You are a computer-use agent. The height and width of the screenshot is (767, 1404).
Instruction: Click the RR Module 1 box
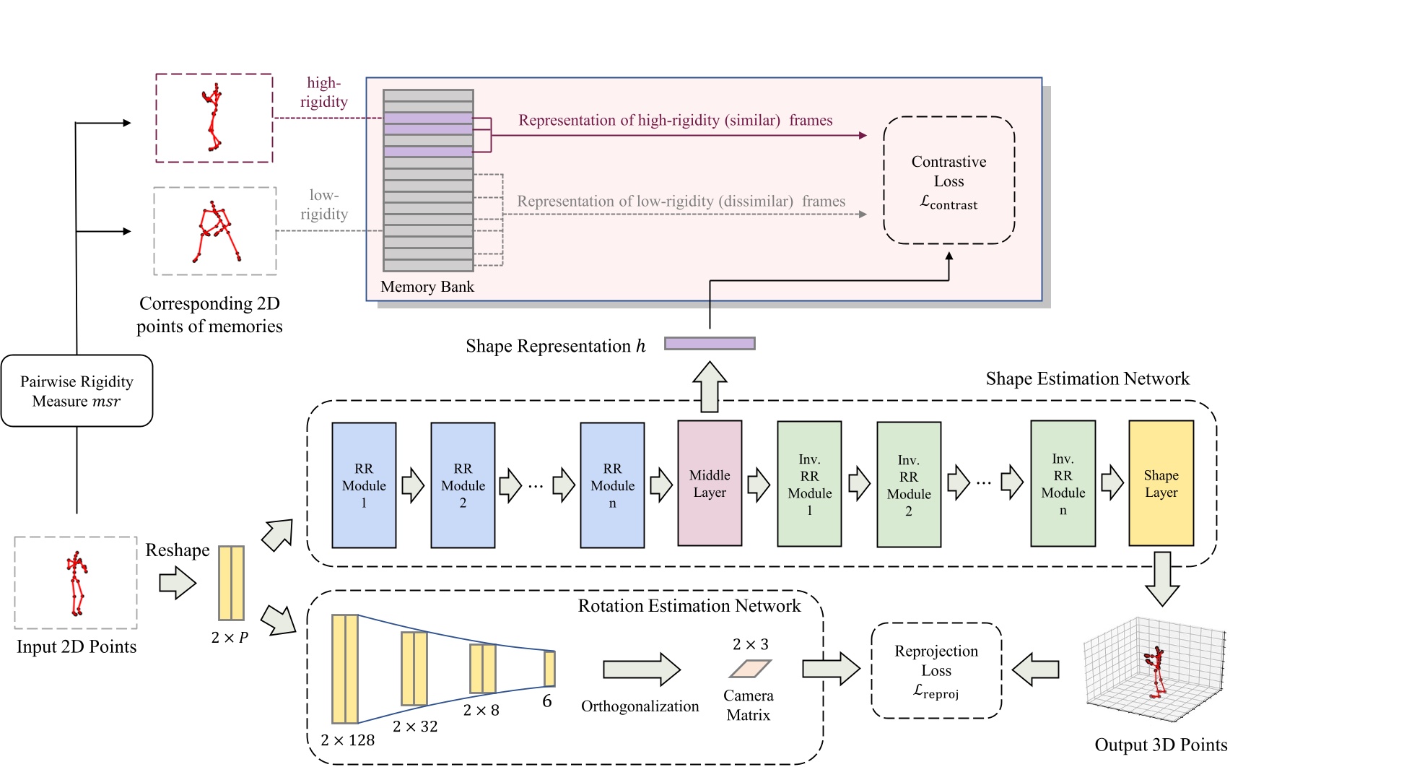(364, 485)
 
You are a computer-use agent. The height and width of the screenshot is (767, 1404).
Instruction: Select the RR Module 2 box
(463, 485)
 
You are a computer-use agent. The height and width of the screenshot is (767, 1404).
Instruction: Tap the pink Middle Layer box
(709, 483)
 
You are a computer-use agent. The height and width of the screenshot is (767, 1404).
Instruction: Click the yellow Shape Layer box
(1161, 483)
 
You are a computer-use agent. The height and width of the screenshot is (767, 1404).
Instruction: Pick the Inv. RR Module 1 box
(809, 484)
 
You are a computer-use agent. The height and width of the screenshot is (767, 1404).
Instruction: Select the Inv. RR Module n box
(1063, 483)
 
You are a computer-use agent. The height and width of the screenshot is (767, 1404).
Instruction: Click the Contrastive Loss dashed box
(949, 181)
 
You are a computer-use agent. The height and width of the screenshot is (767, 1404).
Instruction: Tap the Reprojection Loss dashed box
(936, 670)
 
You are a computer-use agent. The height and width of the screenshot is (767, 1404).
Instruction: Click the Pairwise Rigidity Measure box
(77, 391)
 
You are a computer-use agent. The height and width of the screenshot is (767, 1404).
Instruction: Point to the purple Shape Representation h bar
(710, 344)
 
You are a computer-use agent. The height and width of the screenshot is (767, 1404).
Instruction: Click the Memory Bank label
(427, 287)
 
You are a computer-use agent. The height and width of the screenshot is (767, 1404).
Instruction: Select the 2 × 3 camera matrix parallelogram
(750, 669)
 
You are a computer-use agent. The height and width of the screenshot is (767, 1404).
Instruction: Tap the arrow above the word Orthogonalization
(641, 669)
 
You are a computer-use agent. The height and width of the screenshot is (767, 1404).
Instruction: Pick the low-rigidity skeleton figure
(215, 231)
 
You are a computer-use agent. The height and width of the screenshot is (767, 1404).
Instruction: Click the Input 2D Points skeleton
(76, 583)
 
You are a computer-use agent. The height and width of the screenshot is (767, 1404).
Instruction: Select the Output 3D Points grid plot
(1155, 670)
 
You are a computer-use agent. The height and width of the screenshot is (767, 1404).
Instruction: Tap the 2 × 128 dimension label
(347, 740)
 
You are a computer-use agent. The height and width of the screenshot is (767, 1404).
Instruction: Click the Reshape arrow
(178, 582)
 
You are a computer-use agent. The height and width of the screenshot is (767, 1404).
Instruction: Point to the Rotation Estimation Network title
(689, 606)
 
